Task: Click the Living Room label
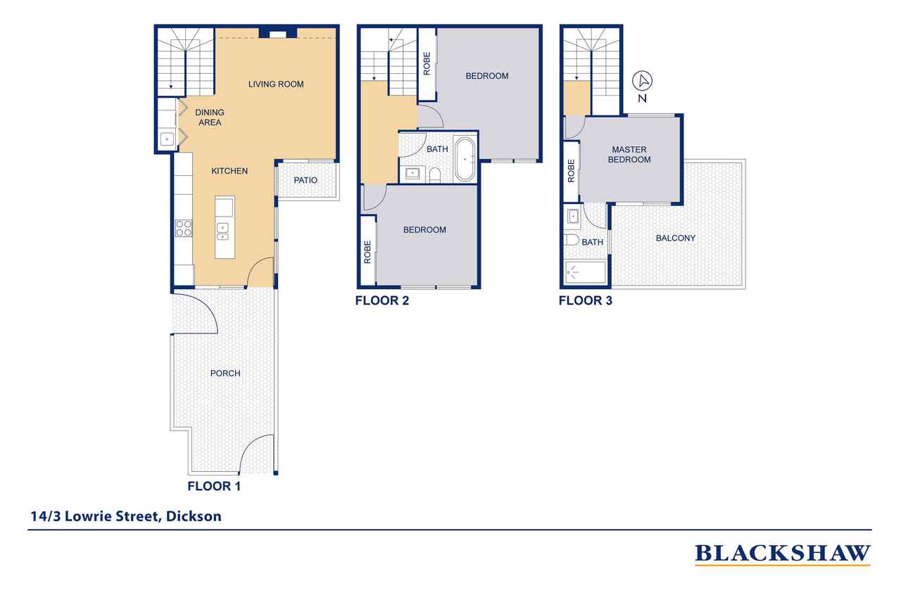click(275, 84)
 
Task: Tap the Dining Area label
click(210, 117)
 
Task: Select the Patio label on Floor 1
click(305, 181)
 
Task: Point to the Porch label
click(225, 374)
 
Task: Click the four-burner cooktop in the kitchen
click(184, 229)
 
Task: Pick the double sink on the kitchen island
click(222, 233)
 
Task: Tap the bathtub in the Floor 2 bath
click(465, 160)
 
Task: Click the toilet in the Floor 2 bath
click(435, 175)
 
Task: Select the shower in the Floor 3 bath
click(585, 272)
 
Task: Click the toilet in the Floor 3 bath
click(571, 241)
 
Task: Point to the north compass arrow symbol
click(643, 81)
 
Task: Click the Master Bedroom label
click(629, 155)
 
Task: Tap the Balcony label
click(675, 238)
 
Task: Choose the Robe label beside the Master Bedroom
click(571, 171)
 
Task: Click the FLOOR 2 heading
click(382, 300)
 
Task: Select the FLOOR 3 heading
click(585, 300)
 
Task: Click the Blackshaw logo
click(782, 554)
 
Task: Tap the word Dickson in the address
click(194, 516)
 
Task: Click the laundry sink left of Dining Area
click(167, 139)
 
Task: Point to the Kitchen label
click(229, 171)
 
